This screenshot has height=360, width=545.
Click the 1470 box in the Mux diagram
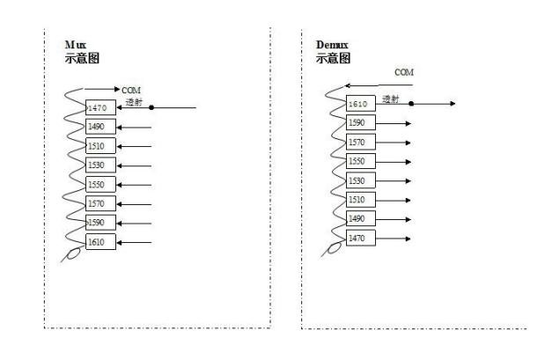(x=100, y=107)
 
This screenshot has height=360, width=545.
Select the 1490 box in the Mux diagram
(x=100, y=127)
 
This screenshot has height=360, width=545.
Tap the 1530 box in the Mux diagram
(x=100, y=165)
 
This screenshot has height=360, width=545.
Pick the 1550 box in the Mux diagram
(x=100, y=185)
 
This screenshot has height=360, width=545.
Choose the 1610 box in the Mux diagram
(x=100, y=242)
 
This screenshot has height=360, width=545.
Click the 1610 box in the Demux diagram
(x=362, y=104)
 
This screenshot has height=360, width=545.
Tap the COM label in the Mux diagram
(x=130, y=90)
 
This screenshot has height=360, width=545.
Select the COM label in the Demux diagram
(x=404, y=71)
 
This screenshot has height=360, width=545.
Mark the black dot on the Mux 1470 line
(x=152, y=107)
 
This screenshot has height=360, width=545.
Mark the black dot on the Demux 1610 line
(x=410, y=104)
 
